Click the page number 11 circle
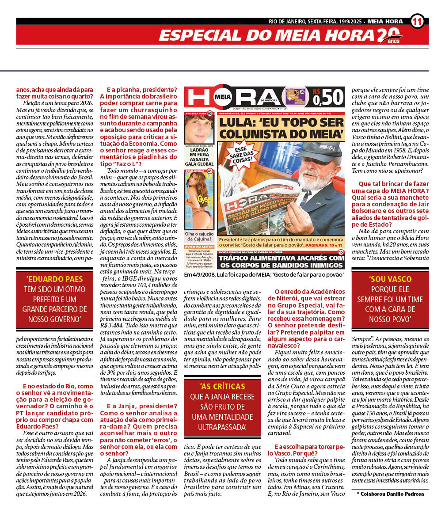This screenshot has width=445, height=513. tap(417, 21)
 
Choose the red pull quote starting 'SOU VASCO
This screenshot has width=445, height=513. tap(390, 298)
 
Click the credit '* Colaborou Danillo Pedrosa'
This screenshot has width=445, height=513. tap(390, 494)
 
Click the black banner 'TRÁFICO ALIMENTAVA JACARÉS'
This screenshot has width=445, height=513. tap(281, 261)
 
